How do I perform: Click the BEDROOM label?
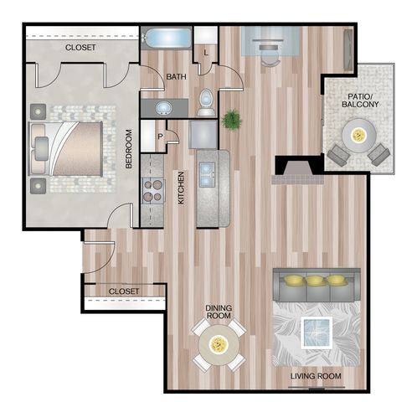point(128,149)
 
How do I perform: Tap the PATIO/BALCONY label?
point(360,100)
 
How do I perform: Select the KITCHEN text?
point(181,188)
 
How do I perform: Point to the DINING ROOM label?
point(219,312)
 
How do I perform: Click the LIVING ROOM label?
point(316,376)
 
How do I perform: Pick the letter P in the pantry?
point(160,137)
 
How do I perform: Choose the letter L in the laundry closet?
point(206,53)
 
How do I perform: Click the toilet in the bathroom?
point(206,102)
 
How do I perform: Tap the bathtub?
point(167,39)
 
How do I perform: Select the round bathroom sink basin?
point(164,108)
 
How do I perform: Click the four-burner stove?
point(152,191)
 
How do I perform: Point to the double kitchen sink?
point(207,175)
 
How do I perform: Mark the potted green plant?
point(232,119)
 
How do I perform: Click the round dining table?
point(219,344)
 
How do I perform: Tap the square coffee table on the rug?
point(317,332)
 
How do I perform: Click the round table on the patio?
point(359,136)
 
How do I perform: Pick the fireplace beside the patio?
point(298,170)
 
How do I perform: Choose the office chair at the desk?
point(269,56)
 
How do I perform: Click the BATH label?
point(176,76)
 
